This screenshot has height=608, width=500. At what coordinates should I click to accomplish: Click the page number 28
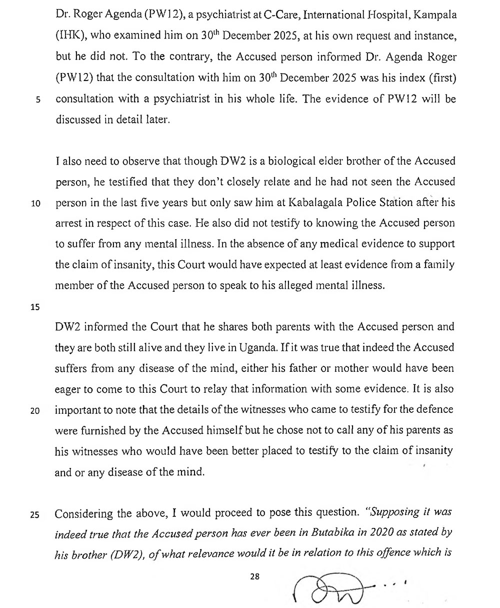[255, 576]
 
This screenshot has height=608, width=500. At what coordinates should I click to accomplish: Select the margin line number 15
[35, 307]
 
